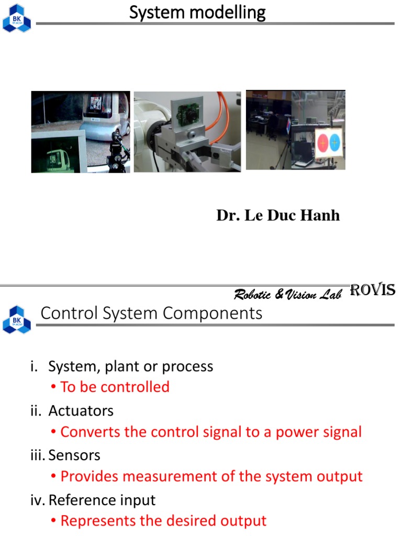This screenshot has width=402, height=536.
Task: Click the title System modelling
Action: [x=197, y=13]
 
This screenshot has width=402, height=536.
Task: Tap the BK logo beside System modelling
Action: [x=17, y=18]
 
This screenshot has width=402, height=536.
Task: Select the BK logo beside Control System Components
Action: [x=17, y=320]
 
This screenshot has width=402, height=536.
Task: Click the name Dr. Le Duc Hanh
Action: [x=278, y=215]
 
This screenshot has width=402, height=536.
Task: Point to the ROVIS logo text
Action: [x=372, y=290]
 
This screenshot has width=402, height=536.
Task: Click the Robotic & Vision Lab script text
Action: [x=288, y=294]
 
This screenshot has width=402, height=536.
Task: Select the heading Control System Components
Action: [x=151, y=313]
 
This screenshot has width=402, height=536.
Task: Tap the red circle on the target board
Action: [x=322, y=143]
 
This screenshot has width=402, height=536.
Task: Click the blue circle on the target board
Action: [x=334, y=142]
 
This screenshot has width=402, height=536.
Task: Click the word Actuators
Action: [x=81, y=410]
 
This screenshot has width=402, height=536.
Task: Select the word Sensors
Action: [x=74, y=455]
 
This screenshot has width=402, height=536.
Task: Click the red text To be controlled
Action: [x=115, y=387]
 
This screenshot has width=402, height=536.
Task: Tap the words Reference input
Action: [x=102, y=500]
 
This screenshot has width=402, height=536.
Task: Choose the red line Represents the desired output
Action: [x=163, y=521]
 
